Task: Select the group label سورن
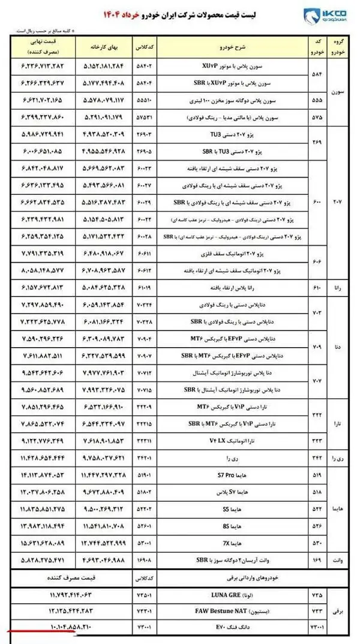(339, 94)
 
